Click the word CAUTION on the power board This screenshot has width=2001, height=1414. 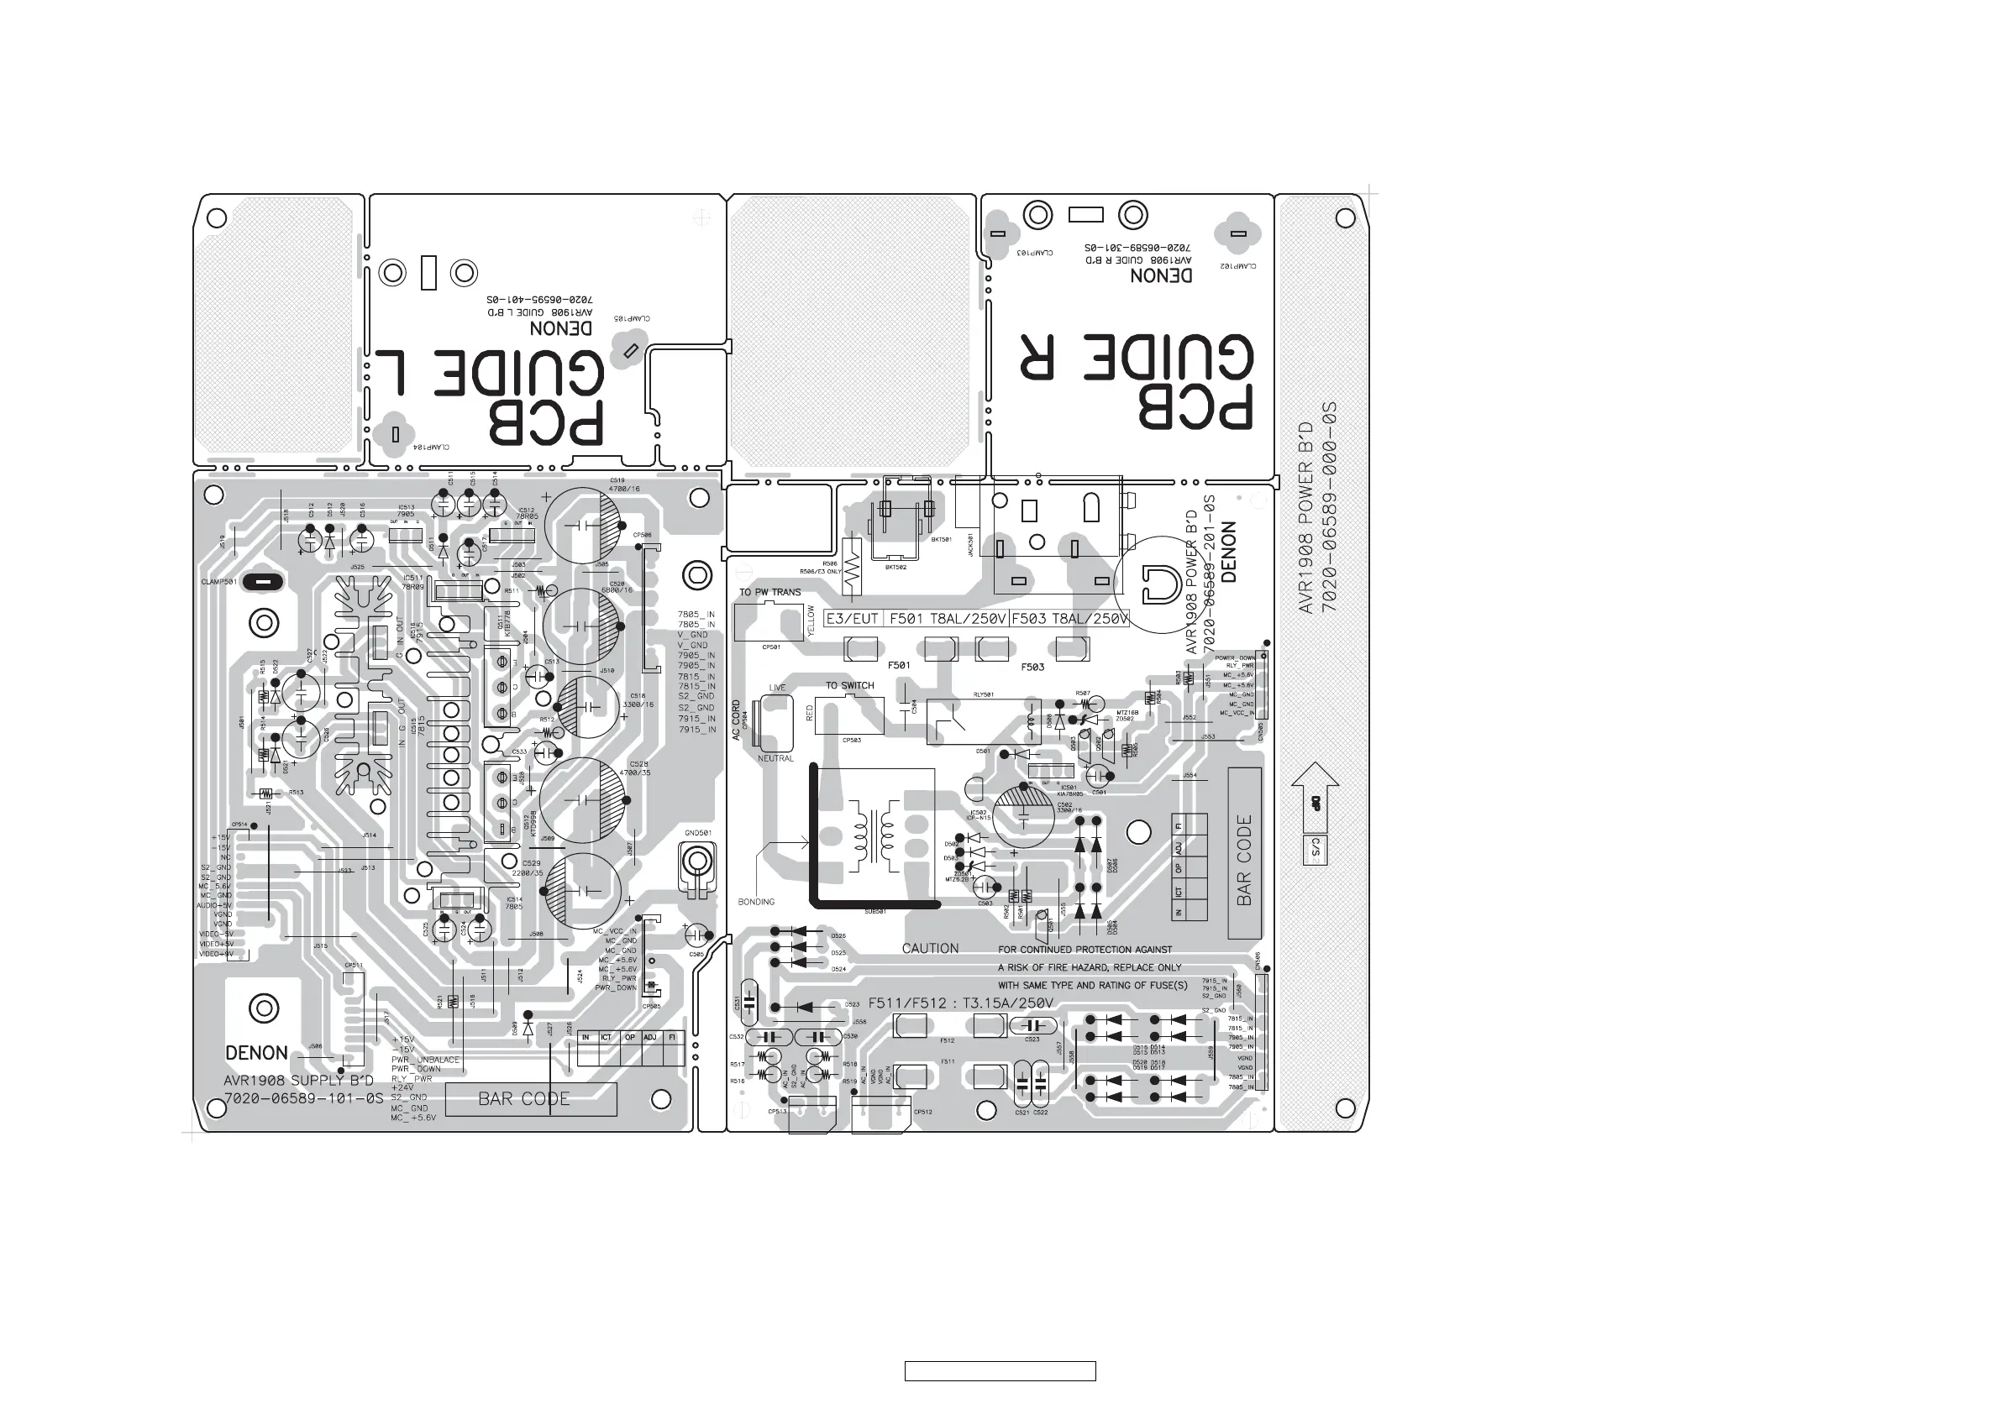tap(930, 948)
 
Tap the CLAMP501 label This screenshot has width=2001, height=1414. tap(218, 581)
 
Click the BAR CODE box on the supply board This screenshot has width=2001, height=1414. tap(531, 1098)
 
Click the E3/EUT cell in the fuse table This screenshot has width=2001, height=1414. tap(853, 619)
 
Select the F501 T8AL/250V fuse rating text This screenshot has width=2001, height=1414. tap(947, 619)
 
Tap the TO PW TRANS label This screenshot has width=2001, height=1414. tap(769, 593)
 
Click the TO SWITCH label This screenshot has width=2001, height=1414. tap(850, 686)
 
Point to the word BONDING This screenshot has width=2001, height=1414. tap(755, 902)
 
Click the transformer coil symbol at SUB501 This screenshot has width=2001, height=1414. tap(874, 836)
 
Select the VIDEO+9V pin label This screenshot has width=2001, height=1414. tap(216, 954)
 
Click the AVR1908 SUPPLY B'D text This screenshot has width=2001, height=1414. tap(299, 1081)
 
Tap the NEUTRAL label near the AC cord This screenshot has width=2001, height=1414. tap(775, 758)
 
